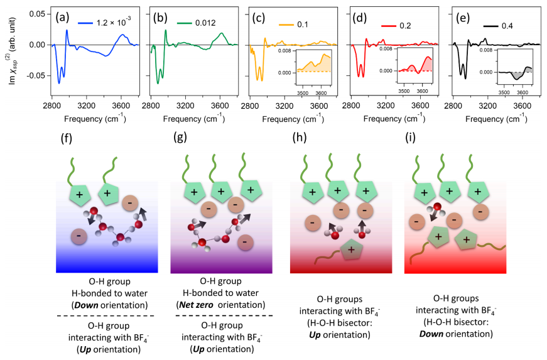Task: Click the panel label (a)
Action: pos(62,18)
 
